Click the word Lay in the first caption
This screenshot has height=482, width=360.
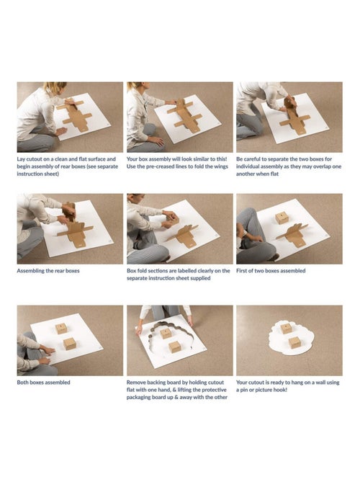coord(21,159)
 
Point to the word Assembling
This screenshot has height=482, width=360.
coord(30,271)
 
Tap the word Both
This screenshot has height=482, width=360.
coord(22,383)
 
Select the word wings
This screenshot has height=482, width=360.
coord(221,166)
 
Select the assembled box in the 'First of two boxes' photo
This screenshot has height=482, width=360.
coord(282,218)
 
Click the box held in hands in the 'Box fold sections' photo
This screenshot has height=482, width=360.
coord(172,220)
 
